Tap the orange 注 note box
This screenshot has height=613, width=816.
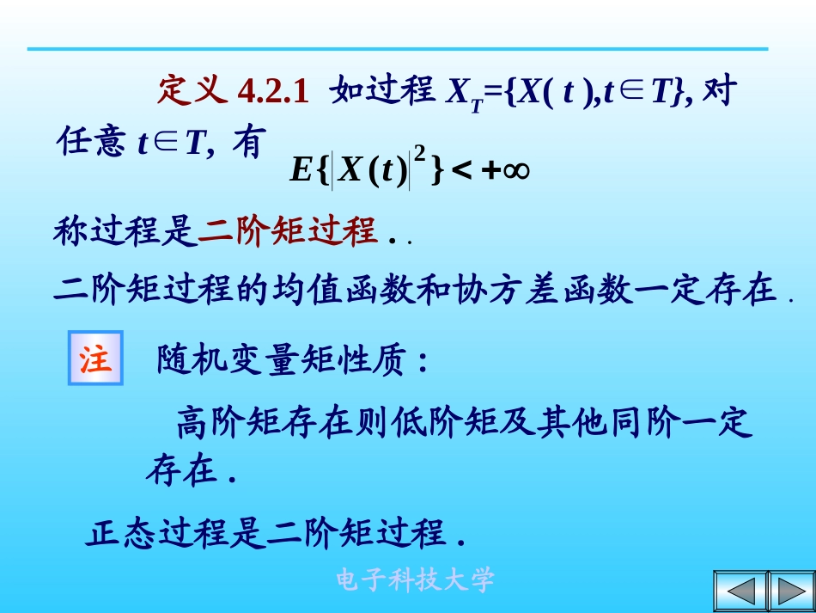coord(95,358)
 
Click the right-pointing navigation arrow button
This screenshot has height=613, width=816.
coord(789,593)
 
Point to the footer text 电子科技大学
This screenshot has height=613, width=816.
coord(415,580)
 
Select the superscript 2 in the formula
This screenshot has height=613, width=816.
coord(419,153)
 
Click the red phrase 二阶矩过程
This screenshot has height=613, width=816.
coord(288,231)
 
